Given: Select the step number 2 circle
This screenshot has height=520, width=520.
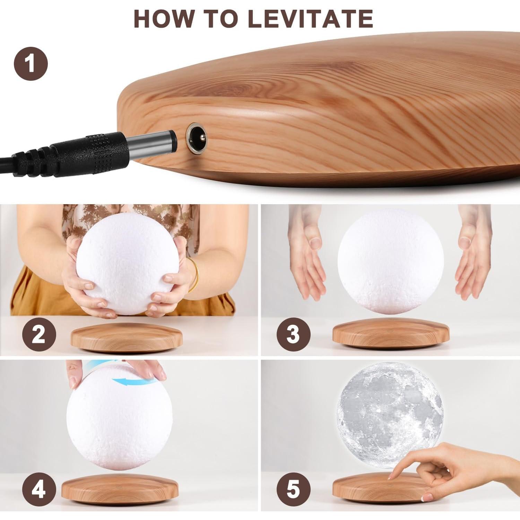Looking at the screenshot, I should pos(39,335).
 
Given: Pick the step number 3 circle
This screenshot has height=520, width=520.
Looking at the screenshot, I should pos(293,335).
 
